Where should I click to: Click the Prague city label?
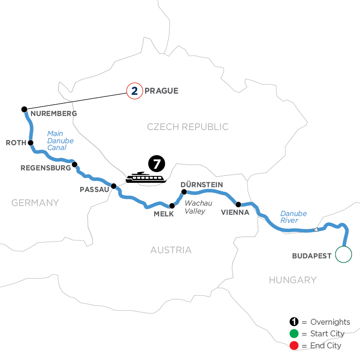tap(161, 91)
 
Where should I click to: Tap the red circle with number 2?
tap(134, 91)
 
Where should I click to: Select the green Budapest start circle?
tap(343, 254)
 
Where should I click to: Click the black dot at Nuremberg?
tap(24, 109)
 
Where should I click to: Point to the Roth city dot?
tap(30, 142)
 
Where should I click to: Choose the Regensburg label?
tap(46, 168)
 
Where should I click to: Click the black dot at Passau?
tap(114, 186)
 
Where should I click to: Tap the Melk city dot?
tap(172, 206)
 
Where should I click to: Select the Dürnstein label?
tap(202, 184)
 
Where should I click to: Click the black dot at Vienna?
tap(238, 204)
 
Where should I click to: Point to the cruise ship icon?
tap(144, 177)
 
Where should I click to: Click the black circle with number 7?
tap(156, 164)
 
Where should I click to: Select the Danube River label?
tap(293, 217)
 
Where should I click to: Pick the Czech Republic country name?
tap(188, 127)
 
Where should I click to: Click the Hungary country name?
tap(292, 280)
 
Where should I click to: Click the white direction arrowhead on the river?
tap(315, 230)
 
